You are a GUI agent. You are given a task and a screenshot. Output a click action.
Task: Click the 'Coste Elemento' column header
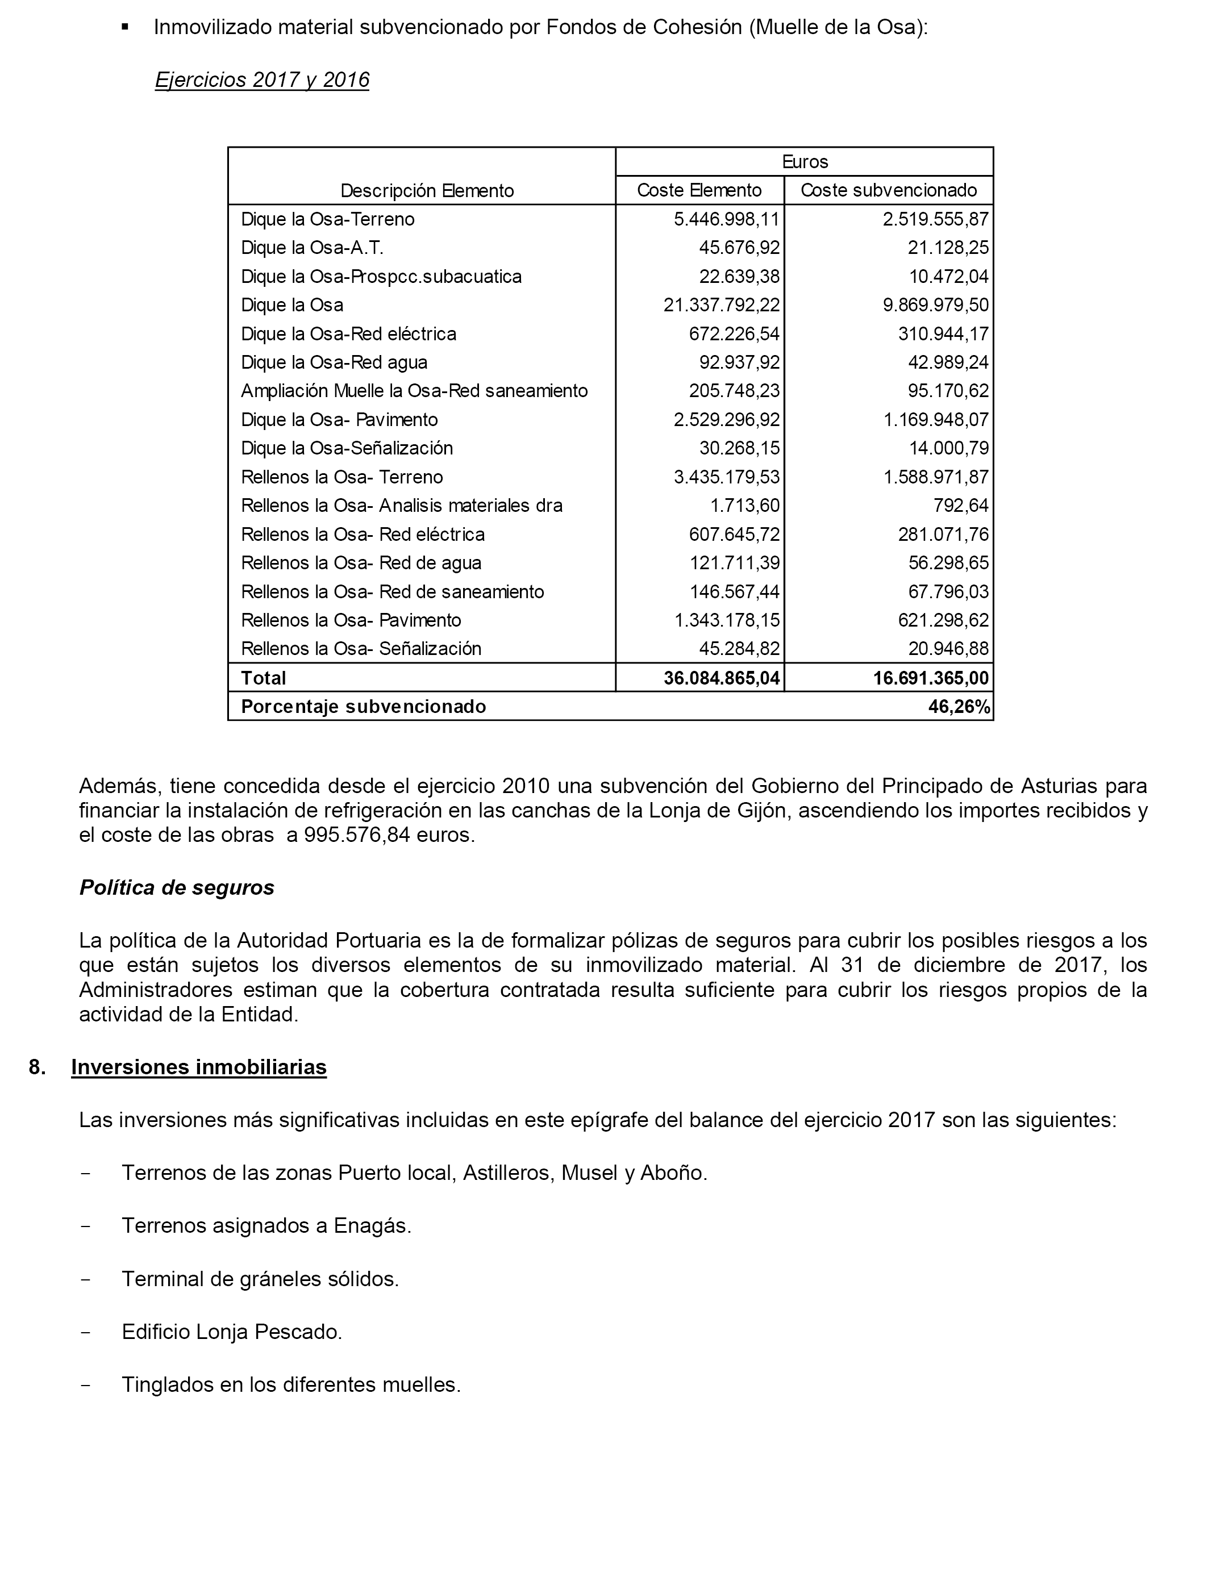pos(699,190)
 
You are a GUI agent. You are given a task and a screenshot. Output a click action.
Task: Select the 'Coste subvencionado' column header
pos(888,190)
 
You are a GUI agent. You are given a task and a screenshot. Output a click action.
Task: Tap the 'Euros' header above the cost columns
pos(805,162)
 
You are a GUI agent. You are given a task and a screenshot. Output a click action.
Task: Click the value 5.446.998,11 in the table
pos(726,219)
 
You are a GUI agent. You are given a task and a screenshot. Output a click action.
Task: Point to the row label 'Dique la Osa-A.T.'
pos(312,248)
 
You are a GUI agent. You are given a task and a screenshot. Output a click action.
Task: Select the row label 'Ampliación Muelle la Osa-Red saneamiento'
pos(414,391)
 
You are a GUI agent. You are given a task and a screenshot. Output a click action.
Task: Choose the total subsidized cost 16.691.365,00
pos(931,678)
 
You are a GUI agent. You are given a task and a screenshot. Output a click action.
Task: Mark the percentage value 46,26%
pos(959,707)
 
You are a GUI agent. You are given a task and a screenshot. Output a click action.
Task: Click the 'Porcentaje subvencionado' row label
pos(363,707)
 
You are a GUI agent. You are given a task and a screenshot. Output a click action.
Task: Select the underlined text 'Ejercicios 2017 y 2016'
pos(262,80)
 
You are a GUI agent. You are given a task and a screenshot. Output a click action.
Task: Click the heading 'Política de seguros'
pos(177,888)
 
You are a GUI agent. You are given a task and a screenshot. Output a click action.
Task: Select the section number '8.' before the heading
pos(38,1067)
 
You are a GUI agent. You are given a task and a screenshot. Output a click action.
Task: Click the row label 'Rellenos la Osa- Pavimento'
pos(351,620)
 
